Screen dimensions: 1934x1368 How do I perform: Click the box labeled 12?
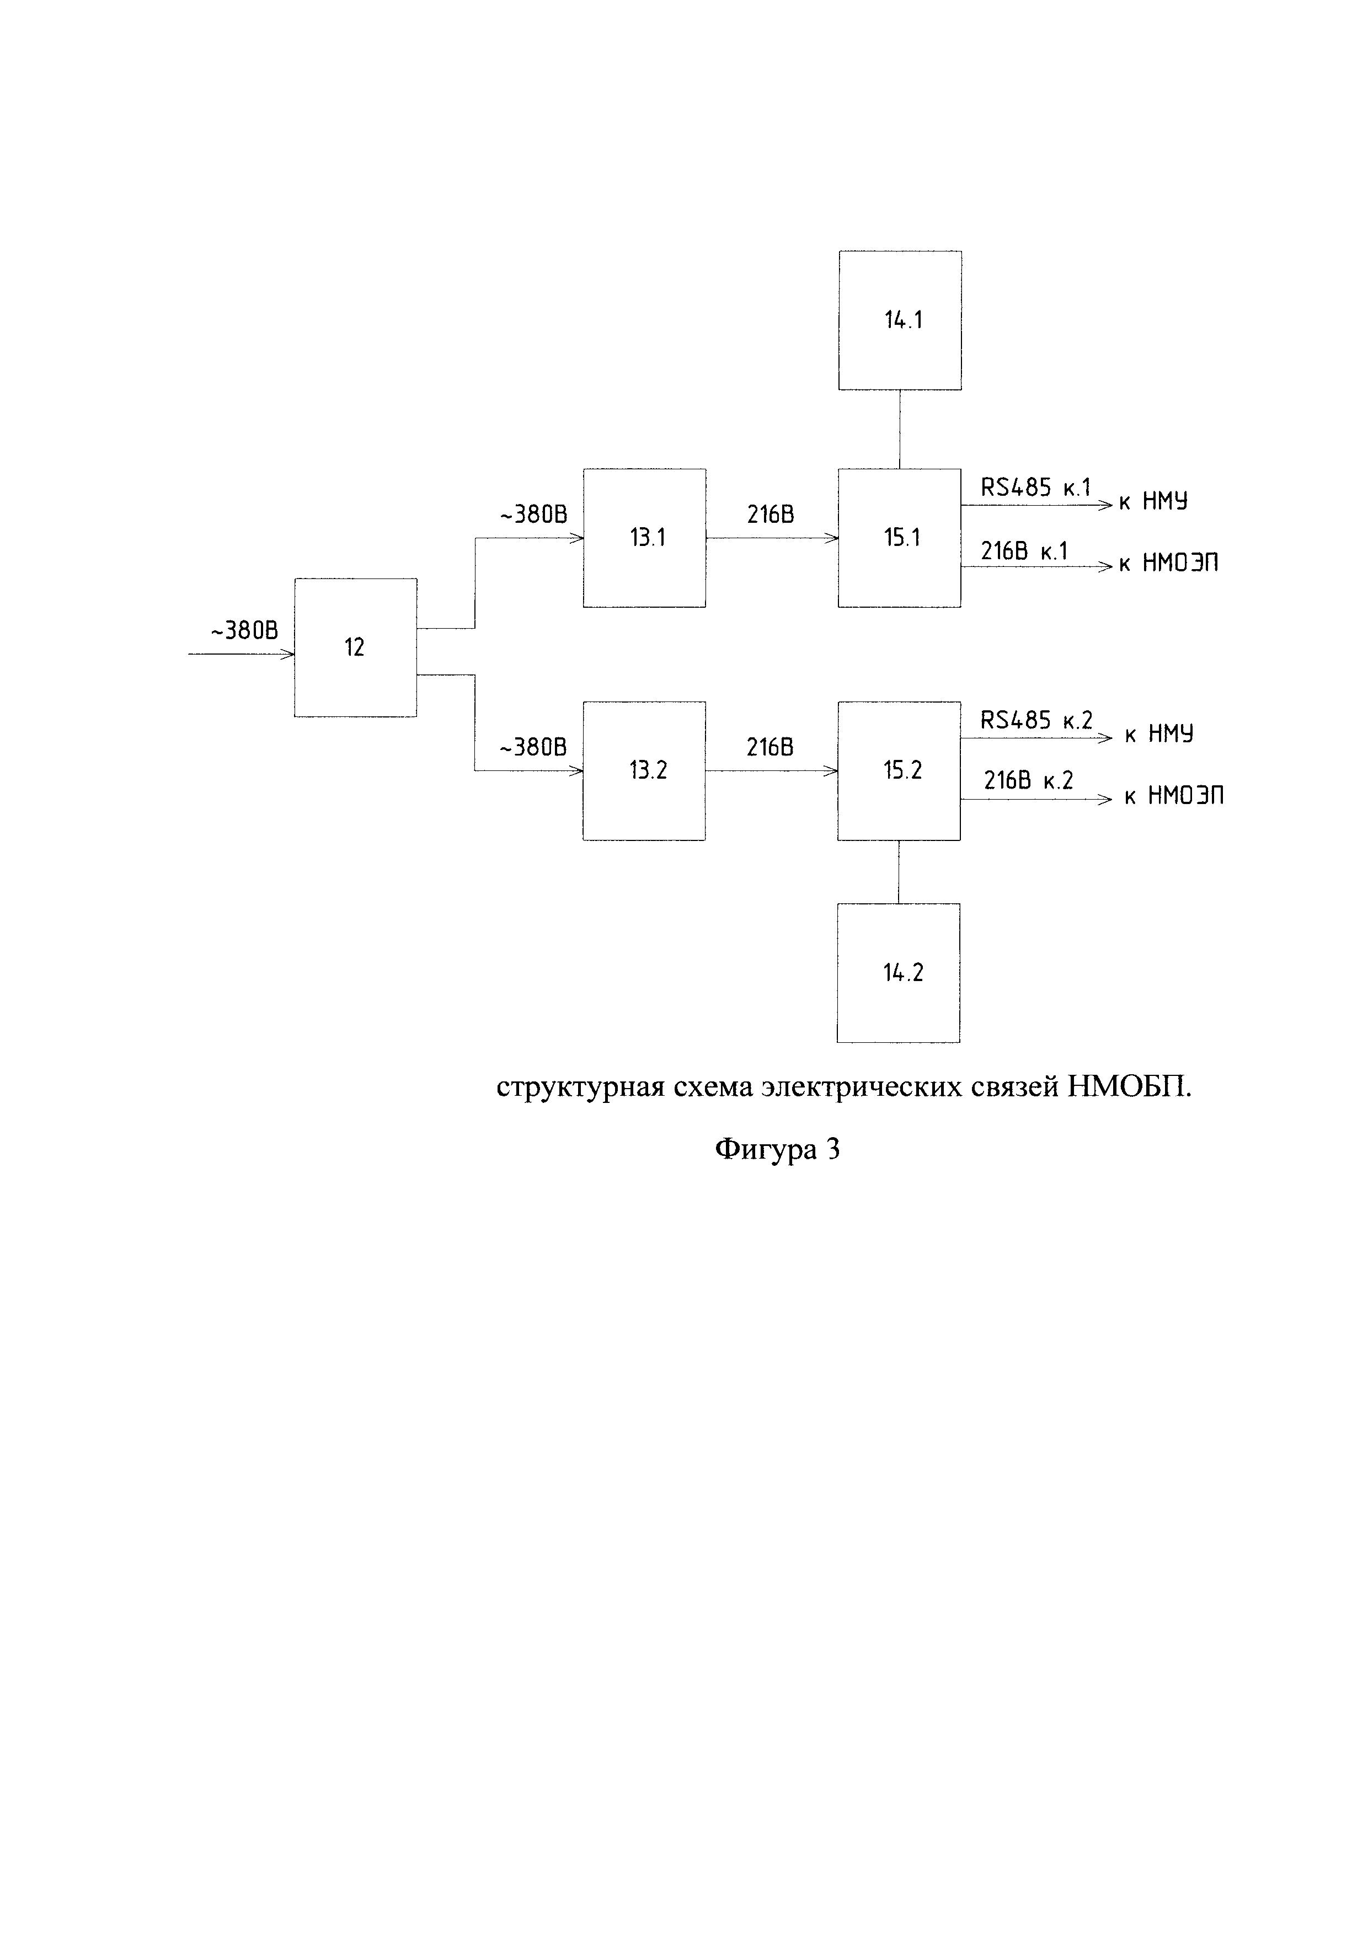(355, 647)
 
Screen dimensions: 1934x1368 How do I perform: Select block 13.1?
(644, 538)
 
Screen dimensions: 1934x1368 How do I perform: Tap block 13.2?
(644, 770)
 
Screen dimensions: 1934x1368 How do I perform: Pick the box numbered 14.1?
(900, 320)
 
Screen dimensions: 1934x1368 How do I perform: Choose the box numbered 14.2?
(898, 973)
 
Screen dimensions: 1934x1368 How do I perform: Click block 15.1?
(900, 538)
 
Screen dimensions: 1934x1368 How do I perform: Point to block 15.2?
(899, 770)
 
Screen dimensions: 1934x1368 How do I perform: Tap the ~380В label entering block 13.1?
(533, 515)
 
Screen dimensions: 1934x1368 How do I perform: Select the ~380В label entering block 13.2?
(533, 747)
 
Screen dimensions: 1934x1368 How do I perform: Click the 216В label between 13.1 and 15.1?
(770, 515)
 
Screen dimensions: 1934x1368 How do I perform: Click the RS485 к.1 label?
(1035, 487)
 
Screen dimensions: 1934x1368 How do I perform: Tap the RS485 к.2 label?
(1036, 720)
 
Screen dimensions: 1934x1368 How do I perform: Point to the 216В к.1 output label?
(1023, 551)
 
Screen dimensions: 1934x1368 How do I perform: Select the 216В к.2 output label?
(1029, 781)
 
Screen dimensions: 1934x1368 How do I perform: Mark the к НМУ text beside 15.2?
(1159, 735)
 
